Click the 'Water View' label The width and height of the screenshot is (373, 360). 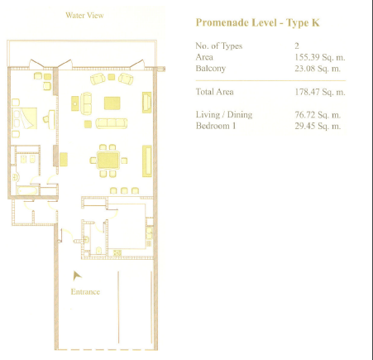(84, 15)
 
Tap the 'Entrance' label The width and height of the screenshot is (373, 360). (85, 292)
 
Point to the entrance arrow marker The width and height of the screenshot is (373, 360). (77, 276)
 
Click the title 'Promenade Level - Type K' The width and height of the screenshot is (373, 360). (257, 22)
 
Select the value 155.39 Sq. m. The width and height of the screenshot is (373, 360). (320, 57)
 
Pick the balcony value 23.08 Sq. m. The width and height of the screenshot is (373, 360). (318, 68)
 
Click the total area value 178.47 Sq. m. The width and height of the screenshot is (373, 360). (320, 92)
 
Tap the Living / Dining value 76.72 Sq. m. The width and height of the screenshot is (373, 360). (318, 115)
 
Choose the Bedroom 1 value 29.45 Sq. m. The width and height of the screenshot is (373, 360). (318, 126)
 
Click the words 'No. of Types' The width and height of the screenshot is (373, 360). (219, 46)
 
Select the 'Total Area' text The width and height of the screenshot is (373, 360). (214, 92)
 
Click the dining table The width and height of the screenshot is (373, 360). (108, 160)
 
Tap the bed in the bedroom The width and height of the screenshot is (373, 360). (24, 118)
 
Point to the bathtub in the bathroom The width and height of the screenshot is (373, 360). (27, 190)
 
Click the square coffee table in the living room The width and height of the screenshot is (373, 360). (112, 103)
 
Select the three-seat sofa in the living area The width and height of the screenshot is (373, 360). (112, 123)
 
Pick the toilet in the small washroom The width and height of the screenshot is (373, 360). (98, 250)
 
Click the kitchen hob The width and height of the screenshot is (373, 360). (117, 252)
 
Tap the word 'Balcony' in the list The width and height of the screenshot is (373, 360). (211, 69)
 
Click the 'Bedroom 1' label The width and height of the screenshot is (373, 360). (216, 126)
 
